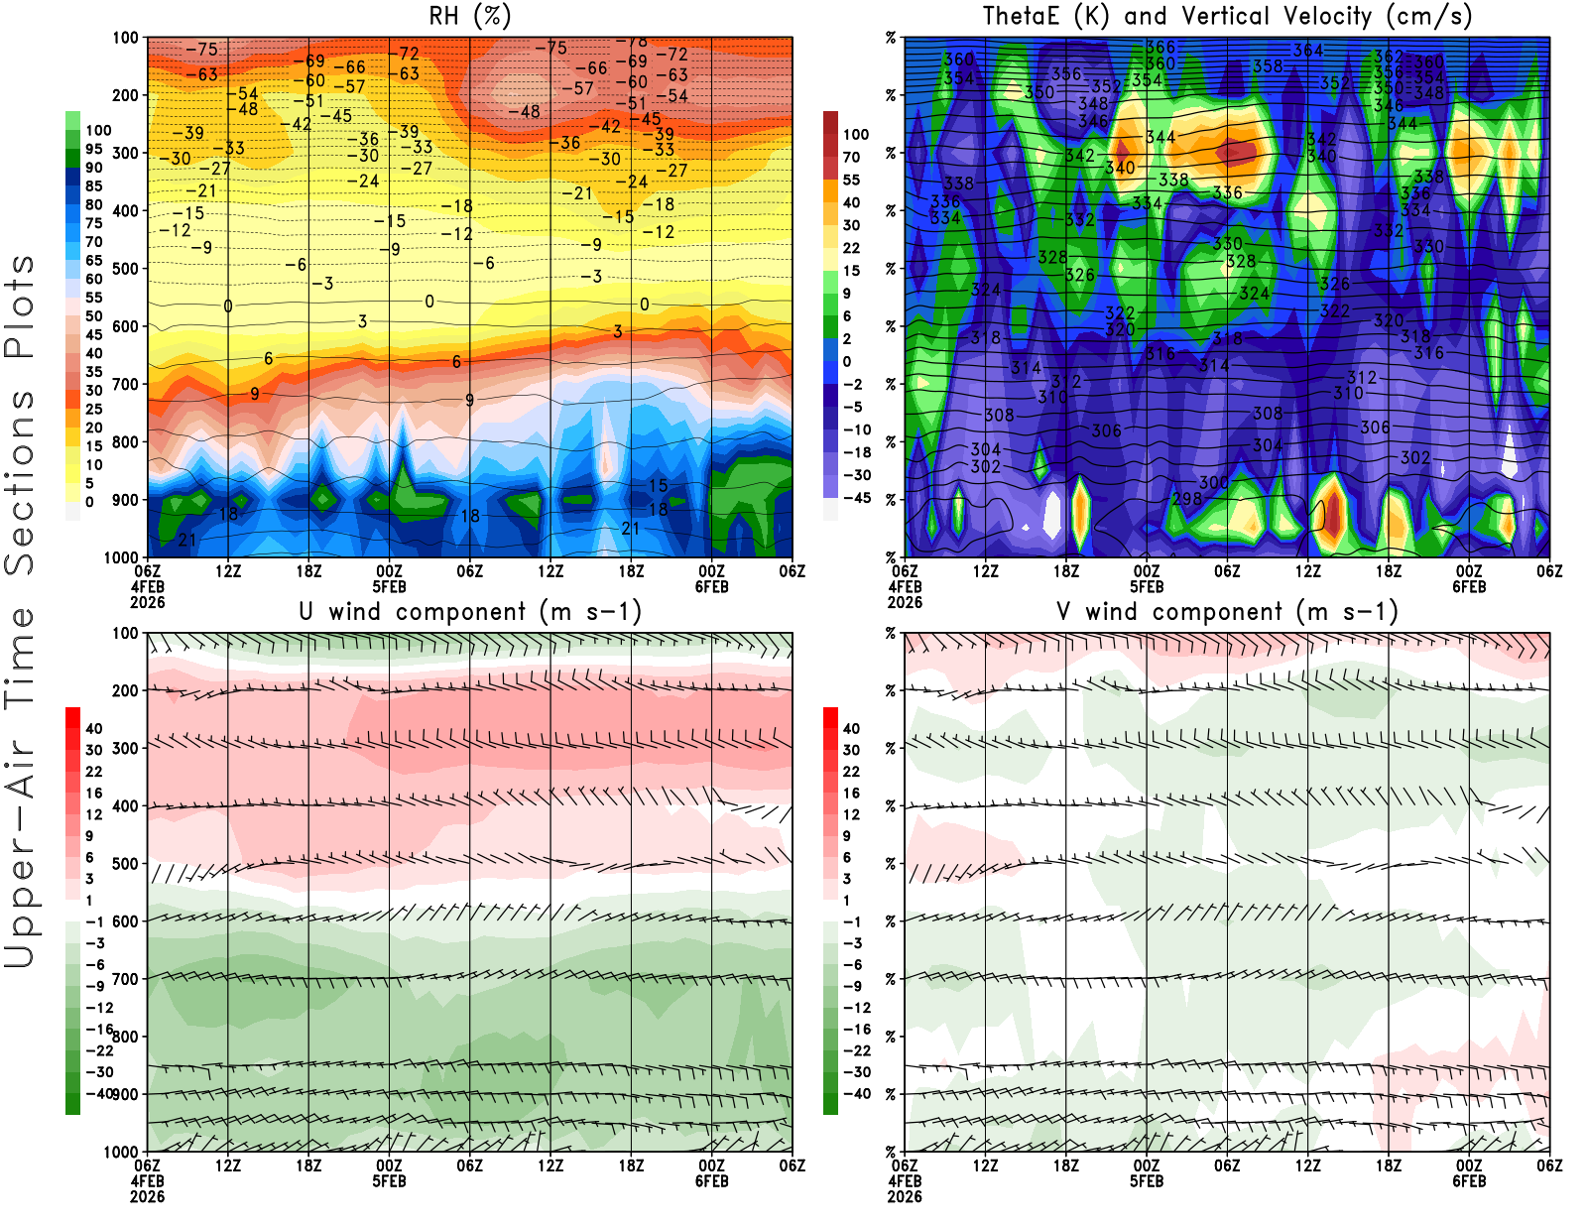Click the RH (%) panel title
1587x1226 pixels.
click(x=469, y=17)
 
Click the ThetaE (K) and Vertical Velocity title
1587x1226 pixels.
click(x=1227, y=17)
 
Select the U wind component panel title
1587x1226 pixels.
click(x=470, y=612)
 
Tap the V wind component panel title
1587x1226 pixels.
click(x=1227, y=612)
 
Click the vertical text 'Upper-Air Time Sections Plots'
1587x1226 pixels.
click(x=20, y=612)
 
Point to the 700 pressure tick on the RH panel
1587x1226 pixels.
click(x=126, y=384)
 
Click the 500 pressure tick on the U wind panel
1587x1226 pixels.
click(x=126, y=864)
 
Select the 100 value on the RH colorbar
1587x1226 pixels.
click(x=98, y=131)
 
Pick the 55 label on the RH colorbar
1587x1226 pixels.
click(x=94, y=298)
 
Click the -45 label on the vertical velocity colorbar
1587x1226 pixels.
click(x=857, y=498)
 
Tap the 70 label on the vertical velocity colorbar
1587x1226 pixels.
click(x=851, y=157)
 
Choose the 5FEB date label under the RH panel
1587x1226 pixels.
click(x=389, y=586)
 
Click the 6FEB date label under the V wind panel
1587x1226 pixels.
click(x=1469, y=1181)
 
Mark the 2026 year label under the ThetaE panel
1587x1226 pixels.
click(x=905, y=602)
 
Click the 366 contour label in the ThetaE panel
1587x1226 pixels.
click(x=1160, y=48)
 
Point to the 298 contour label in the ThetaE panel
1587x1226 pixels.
click(x=1186, y=499)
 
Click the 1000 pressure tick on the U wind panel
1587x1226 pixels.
click(x=121, y=1152)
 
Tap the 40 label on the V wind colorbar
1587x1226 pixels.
click(x=851, y=729)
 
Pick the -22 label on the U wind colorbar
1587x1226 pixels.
click(x=99, y=1050)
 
